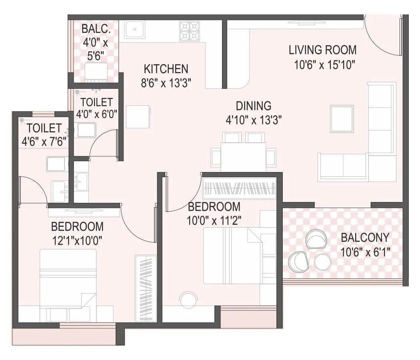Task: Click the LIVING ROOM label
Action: (x=322, y=50)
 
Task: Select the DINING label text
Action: (x=253, y=106)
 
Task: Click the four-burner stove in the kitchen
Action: (x=189, y=31)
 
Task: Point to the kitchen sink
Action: (x=134, y=30)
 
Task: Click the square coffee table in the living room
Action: (x=342, y=119)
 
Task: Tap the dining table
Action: (x=244, y=157)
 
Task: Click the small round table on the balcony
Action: (x=322, y=262)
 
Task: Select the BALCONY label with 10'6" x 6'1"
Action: (x=364, y=238)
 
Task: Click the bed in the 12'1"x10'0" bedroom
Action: (x=68, y=280)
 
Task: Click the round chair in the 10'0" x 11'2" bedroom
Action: (x=188, y=300)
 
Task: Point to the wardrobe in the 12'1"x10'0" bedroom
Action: (x=146, y=288)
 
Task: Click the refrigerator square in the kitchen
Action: (x=138, y=117)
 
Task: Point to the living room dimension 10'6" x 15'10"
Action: (x=325, y=65)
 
